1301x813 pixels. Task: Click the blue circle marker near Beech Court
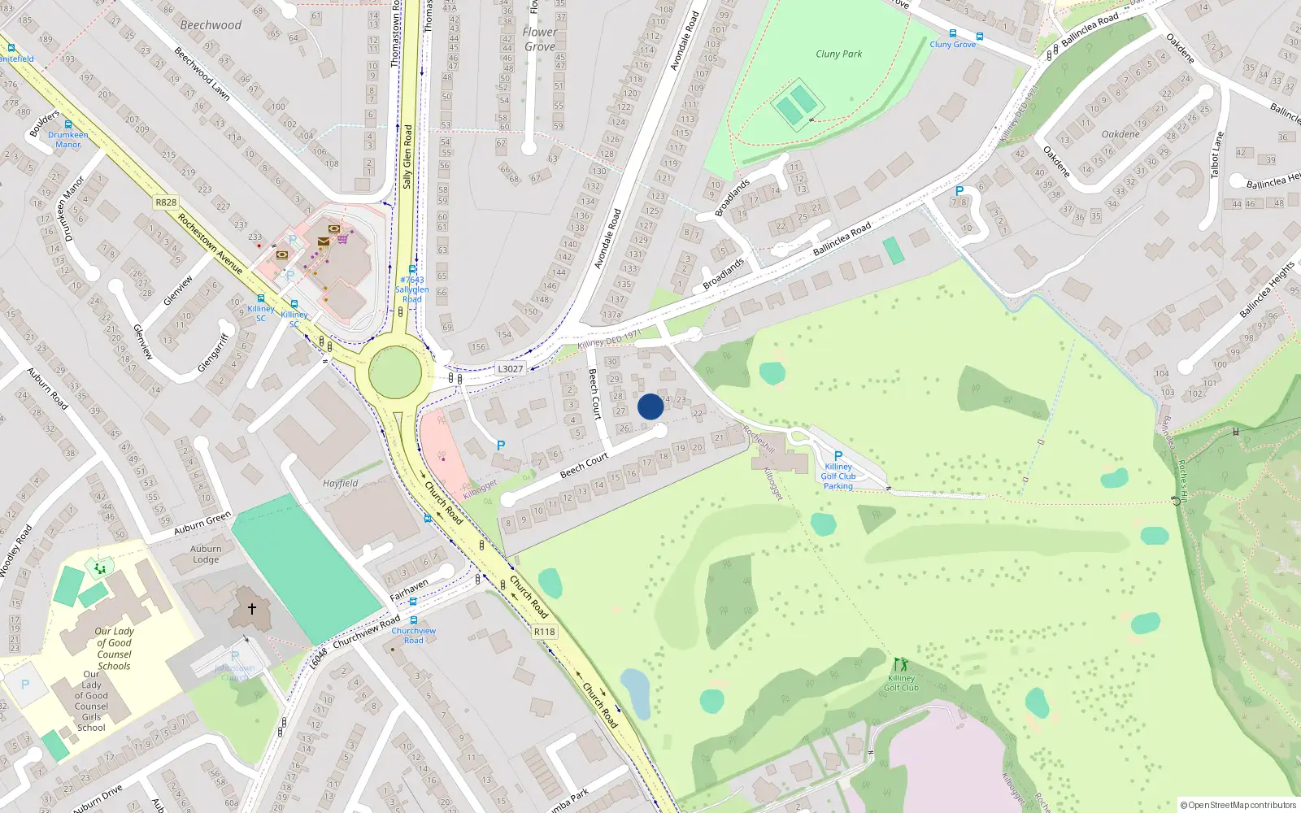[650, 406]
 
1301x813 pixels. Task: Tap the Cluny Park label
[838, 54]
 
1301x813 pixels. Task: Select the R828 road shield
[166, 202]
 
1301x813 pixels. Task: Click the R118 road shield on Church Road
[544, 632]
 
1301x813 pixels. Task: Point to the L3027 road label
[510, 369]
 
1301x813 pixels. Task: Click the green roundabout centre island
[395, 372]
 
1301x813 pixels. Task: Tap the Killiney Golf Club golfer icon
[900, 665]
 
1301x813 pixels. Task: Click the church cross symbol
[252, 608]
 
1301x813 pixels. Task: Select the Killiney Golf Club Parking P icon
[838, 456]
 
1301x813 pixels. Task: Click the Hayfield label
[340, 483]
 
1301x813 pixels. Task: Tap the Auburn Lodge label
[206, 554]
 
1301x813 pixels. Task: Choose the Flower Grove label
[540, 39]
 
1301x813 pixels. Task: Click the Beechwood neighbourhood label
[211, 25]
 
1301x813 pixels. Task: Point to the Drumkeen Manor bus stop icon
[68, 125]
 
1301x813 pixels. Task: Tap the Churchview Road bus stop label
[413, 635]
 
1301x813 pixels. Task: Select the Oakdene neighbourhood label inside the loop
[1120, 134]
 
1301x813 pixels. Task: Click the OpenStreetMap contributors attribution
[1238, 805]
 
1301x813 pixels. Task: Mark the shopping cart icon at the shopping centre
[343, 239]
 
